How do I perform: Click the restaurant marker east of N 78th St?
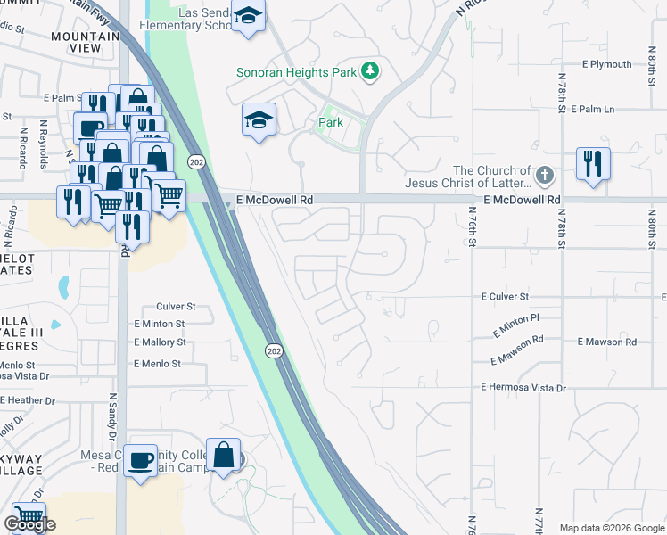point(593,164)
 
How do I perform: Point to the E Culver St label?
point(505,296)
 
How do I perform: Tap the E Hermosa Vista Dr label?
point(523,388)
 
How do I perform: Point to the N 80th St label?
point(651,220)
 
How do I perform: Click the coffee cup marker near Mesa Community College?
point(140,461)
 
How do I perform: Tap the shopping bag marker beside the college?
point(223,455)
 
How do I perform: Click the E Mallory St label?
point(160,342)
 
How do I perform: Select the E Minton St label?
point(159,325)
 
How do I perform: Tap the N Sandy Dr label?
point(113,420)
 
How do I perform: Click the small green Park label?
point(332,122)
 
